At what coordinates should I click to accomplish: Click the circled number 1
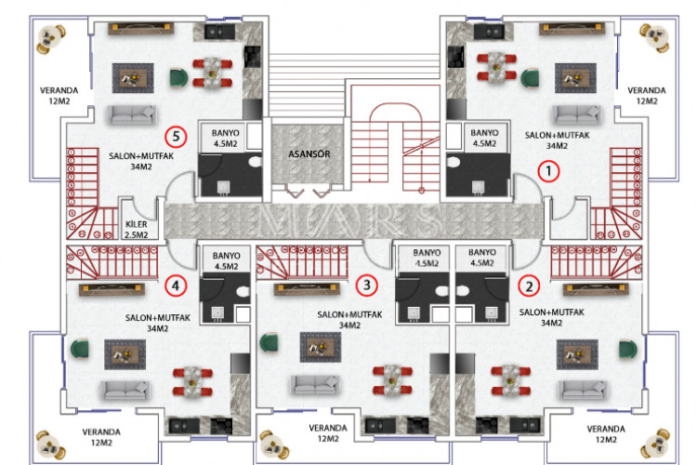point(548,171)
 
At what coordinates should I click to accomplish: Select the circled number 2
point(530,286)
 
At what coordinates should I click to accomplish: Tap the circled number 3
point(368,285)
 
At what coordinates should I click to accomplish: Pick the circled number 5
point(178,137)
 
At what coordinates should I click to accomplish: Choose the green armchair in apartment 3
point(270,343)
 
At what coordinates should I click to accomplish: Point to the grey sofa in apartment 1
point(571,114)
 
